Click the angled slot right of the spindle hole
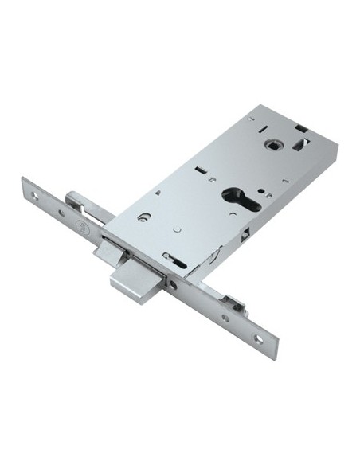tap(301, 144)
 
